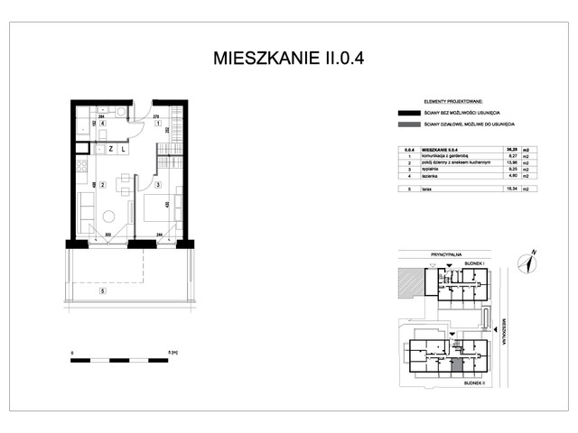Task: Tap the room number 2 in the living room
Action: (x=103, y=186)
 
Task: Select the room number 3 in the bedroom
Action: (x=157, y=186)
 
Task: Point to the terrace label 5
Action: (x=103, y=290)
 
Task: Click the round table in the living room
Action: (x=108, y=216)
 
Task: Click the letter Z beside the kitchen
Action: (x=110, y=148)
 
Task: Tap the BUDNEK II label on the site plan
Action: (x=475, y=382)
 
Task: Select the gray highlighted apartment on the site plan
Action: (x=457, y=365)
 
